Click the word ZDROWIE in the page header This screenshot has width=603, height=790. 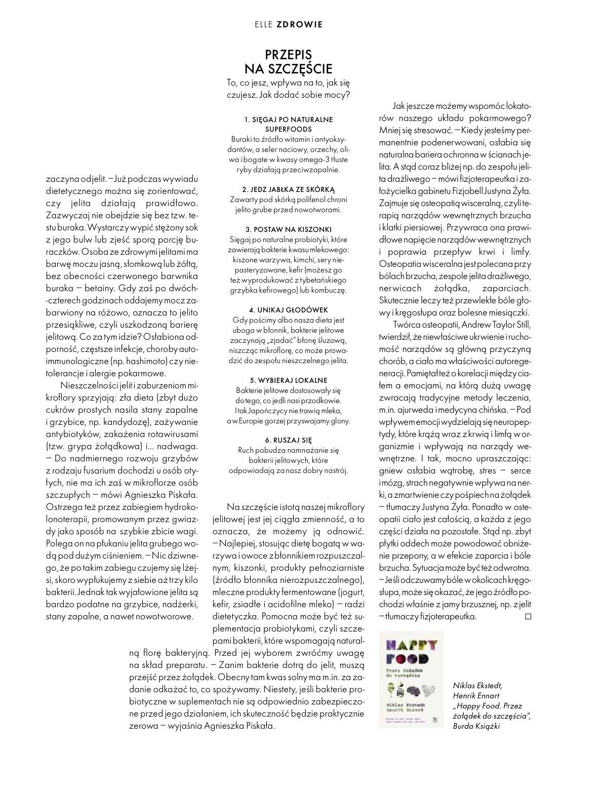coord(300,24)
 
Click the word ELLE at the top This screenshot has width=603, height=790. coord(263,24)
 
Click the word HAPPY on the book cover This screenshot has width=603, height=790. coord(411,646)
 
